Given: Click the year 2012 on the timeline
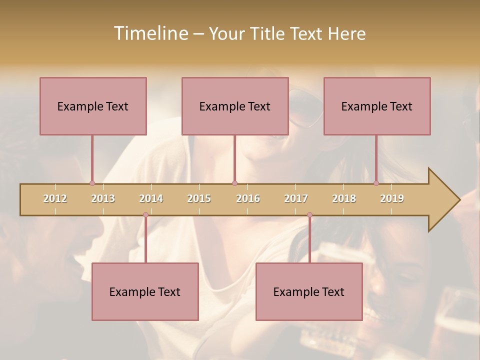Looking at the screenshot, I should (55, 198).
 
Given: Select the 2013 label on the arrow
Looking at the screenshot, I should (103, 198).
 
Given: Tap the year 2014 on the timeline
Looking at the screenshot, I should (151, 198).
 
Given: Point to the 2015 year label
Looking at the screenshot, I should (199, 198).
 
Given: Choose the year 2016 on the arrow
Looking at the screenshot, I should (248, 198).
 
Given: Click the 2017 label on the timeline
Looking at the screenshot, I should (296, 198).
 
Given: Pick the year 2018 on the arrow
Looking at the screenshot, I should (344, 198).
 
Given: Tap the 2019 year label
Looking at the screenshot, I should (392, 198).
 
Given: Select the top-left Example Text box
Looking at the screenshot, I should (93, 106).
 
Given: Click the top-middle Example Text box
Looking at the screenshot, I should (235, 106).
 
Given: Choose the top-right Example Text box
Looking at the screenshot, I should (377, 106).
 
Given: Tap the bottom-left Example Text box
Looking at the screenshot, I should (145, 291).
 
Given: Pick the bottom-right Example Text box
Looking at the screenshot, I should (309, 291).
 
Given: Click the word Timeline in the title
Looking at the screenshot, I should (150, 33).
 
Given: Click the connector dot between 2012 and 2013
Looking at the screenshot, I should (92, 183).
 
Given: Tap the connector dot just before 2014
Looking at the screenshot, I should (145, 215).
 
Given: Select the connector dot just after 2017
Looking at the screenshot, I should (309, 215).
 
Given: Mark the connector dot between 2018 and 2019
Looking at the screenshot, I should (376, 183).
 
